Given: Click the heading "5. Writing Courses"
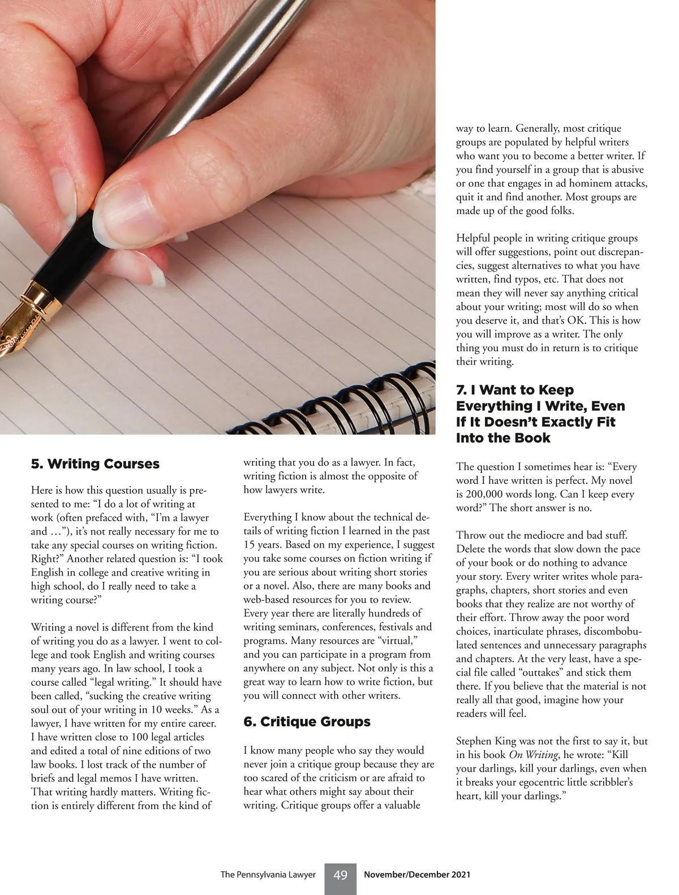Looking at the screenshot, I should pyautogui.click(x=95, y=464).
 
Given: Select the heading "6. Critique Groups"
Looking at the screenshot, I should pyautogui.click(x=307, y=722).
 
